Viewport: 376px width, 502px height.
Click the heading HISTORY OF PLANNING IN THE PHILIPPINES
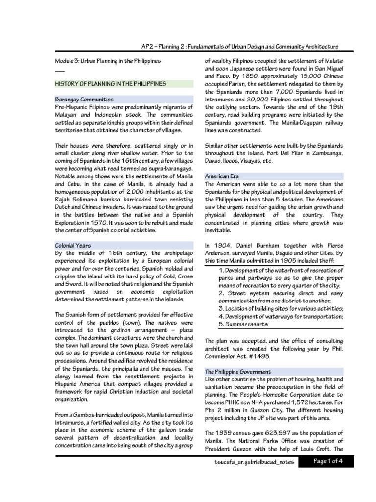click(110, 84)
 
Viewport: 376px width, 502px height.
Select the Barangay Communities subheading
click(84, 99)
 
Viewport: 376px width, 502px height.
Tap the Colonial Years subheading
click(72, 245)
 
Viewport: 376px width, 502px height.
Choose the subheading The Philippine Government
click(237, 372)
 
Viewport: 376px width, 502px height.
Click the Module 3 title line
click(107, 60)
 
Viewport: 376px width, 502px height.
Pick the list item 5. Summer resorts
click(243, 324)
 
